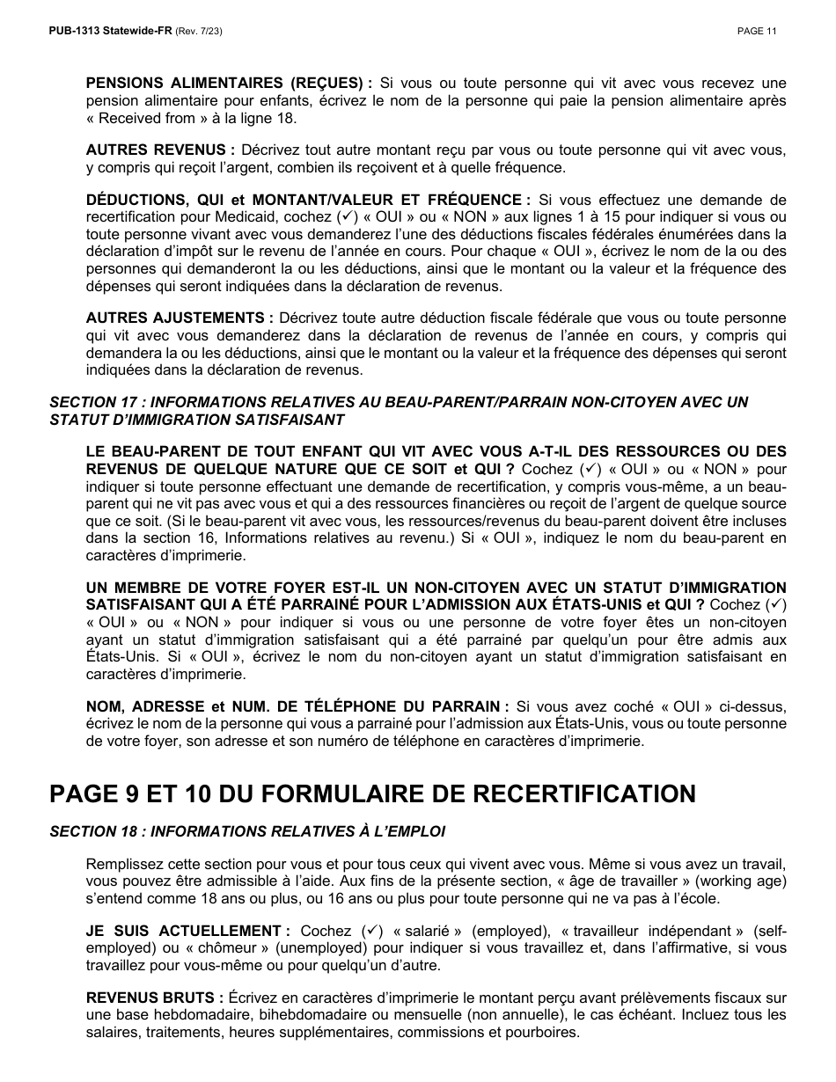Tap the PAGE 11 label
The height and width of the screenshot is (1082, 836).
(x=757, y=31)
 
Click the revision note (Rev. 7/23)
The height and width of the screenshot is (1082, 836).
(x=200, y=31)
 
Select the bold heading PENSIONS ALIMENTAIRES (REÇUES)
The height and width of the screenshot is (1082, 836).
(x=224, y=83)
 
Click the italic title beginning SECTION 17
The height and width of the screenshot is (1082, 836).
(x=398, y=402)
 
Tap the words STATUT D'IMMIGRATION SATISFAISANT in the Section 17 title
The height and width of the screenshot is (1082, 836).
(x=196, y=420)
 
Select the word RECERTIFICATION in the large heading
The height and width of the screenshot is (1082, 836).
(x=586, y=793)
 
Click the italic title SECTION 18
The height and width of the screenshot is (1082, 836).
(x=247, y=831)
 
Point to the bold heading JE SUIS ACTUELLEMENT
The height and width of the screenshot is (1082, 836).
(x=182, y=931)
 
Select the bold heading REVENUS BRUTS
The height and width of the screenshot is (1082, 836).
(x=150, y=998)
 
